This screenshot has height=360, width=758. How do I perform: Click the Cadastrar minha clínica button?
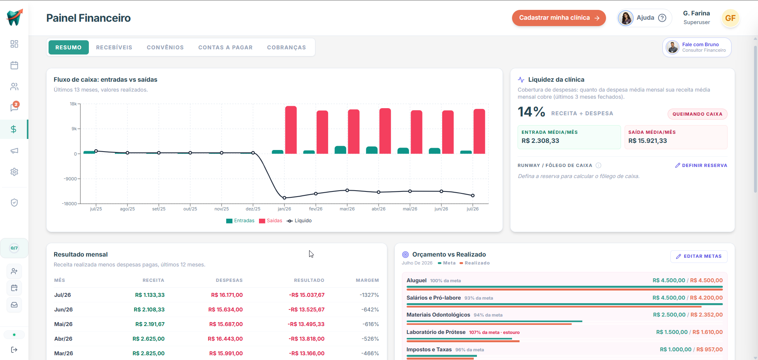pyautogui.click(x=559, y=18)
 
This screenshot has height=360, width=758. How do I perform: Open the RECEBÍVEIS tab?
pyautogui.click(x=114, y=47)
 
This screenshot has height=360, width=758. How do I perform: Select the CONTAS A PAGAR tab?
pyautogui.click(x=225, y=47)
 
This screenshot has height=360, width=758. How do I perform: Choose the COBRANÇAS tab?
pyautogui.click(x=287, y=47)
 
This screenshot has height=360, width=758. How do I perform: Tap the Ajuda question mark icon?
pyautogui.click(x=662, y=18)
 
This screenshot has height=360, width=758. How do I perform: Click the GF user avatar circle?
pyautogui.click(x=730, y=18)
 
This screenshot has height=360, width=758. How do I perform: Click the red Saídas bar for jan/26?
pyautogui.click(x=291, y=130)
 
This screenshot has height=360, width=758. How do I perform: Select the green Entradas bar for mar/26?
pyautogui.click(x=340, y=150)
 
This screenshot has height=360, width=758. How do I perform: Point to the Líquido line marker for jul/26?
pyautogui.click(x=473, y=195)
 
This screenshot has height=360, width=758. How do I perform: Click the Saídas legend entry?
pyautogui.click(x=270, y=221)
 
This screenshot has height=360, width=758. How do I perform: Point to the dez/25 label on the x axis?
pyautogui.click(x=253, y=209)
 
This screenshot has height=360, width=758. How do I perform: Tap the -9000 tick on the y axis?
pyautogui.click(x=70, y=179)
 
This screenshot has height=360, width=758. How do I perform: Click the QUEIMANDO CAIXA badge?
pyautogui.click(x=698, y=114)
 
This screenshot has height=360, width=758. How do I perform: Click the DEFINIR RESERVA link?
pyautogui.click(x=701, y=165)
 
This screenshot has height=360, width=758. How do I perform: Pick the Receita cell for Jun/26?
pyautogui.click(x=149, y=309)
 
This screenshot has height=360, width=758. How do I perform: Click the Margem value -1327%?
pyautogui.click(x=369, y=295)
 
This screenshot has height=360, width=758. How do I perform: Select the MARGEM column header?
pyautogui.click(x=367, y=280)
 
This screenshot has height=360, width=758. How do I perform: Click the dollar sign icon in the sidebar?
pyautogui.click(x=14, y=129)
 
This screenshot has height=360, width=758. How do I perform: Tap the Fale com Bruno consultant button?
pyautogui.click(x=697, y=47)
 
